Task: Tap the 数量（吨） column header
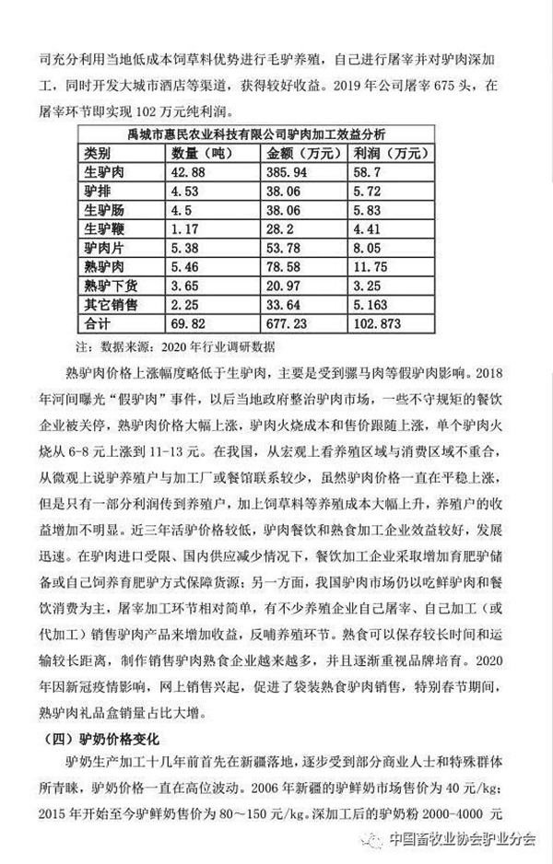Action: pos(205,152)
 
